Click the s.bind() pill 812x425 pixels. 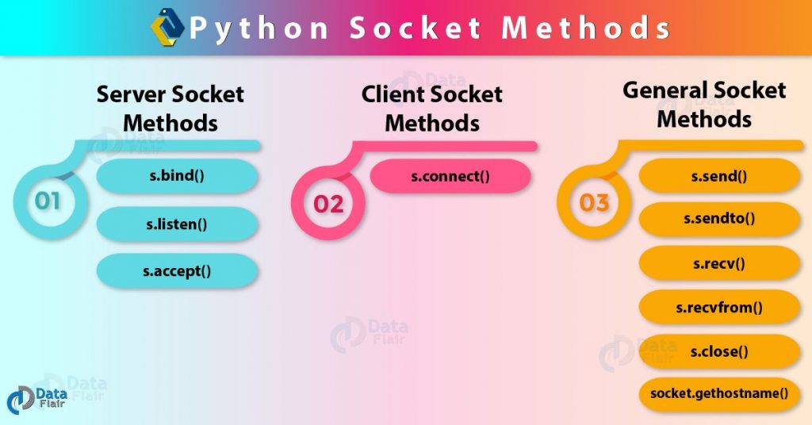(177, 175)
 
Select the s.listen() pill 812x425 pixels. (177, 224)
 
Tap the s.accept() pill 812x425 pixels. (177, 270)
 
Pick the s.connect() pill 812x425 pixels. (450, 175)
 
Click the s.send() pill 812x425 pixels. (719, 175)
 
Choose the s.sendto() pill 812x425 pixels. (719, 219)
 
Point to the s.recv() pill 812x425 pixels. (719, 262)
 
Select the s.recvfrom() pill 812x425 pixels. (719, 307)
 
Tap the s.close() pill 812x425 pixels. (719, 350)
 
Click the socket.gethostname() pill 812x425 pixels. (719, 393)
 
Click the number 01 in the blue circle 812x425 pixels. (48, 201)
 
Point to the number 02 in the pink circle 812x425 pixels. (328, 204)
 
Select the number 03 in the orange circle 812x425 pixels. (594, 203)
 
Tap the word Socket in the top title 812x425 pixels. (415, 29)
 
